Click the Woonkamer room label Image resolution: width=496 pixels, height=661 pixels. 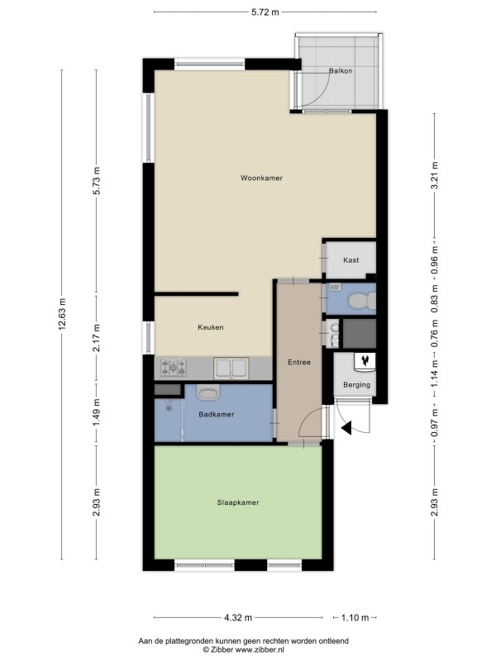pos(261,178)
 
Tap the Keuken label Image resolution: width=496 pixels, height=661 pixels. pos(211,327)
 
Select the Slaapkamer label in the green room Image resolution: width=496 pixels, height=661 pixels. pos(238,502)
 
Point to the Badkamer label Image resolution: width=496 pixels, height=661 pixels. pos(217,415)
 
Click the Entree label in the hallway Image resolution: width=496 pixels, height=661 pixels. pos(299,362)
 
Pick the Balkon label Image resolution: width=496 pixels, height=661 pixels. pos(341,71)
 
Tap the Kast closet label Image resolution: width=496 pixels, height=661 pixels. pos(351,260)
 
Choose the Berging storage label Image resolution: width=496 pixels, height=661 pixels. pos(357,384)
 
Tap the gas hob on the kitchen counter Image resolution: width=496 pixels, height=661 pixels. pos(174,367)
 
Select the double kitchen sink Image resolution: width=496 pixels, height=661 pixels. pos(231,369)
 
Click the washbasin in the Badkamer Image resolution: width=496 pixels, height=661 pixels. pos(207,392)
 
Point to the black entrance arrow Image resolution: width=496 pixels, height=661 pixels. pos(346,428)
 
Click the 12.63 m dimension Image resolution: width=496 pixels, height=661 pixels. pos(62,314)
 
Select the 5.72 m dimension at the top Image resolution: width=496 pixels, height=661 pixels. pos(265,12)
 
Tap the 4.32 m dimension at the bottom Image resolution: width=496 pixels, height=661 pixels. pos(238,617)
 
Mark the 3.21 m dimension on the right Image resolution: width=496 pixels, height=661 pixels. pos(435,175)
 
